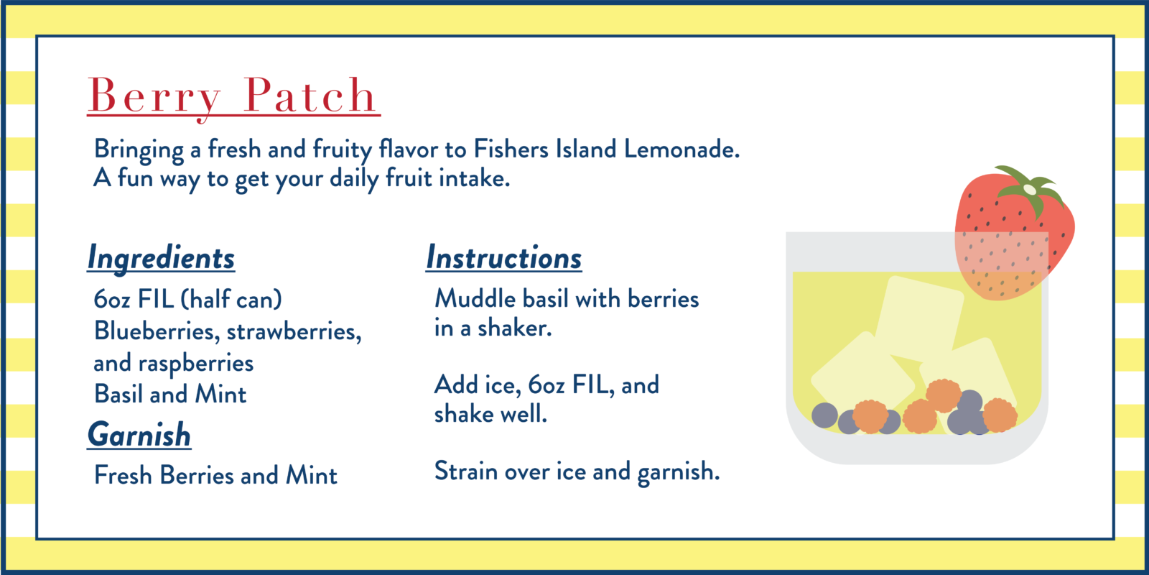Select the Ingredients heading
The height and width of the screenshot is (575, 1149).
(x=161, y=258)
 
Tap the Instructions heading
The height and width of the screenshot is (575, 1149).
(x=504, y=257)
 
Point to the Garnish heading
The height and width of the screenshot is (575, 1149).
(x=139, y=435)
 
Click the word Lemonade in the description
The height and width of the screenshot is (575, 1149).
(x=682, y=149)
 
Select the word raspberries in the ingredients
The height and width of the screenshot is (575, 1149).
(x=196, y=364)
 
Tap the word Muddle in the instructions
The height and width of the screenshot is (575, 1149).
(x=475, y=298)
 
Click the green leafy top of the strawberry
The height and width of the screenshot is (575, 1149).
(x=1030, y=189)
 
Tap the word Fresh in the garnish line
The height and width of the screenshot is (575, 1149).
(x=123, y=475)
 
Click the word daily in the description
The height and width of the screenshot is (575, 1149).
(x=354, y=179)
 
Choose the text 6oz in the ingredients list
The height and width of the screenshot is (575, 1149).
(x=112, y=299)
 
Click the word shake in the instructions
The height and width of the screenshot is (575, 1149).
(x=464, y=414)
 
